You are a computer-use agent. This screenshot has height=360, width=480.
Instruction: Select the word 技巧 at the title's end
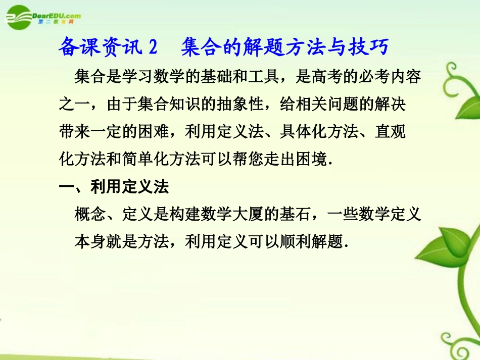point(371,47)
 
